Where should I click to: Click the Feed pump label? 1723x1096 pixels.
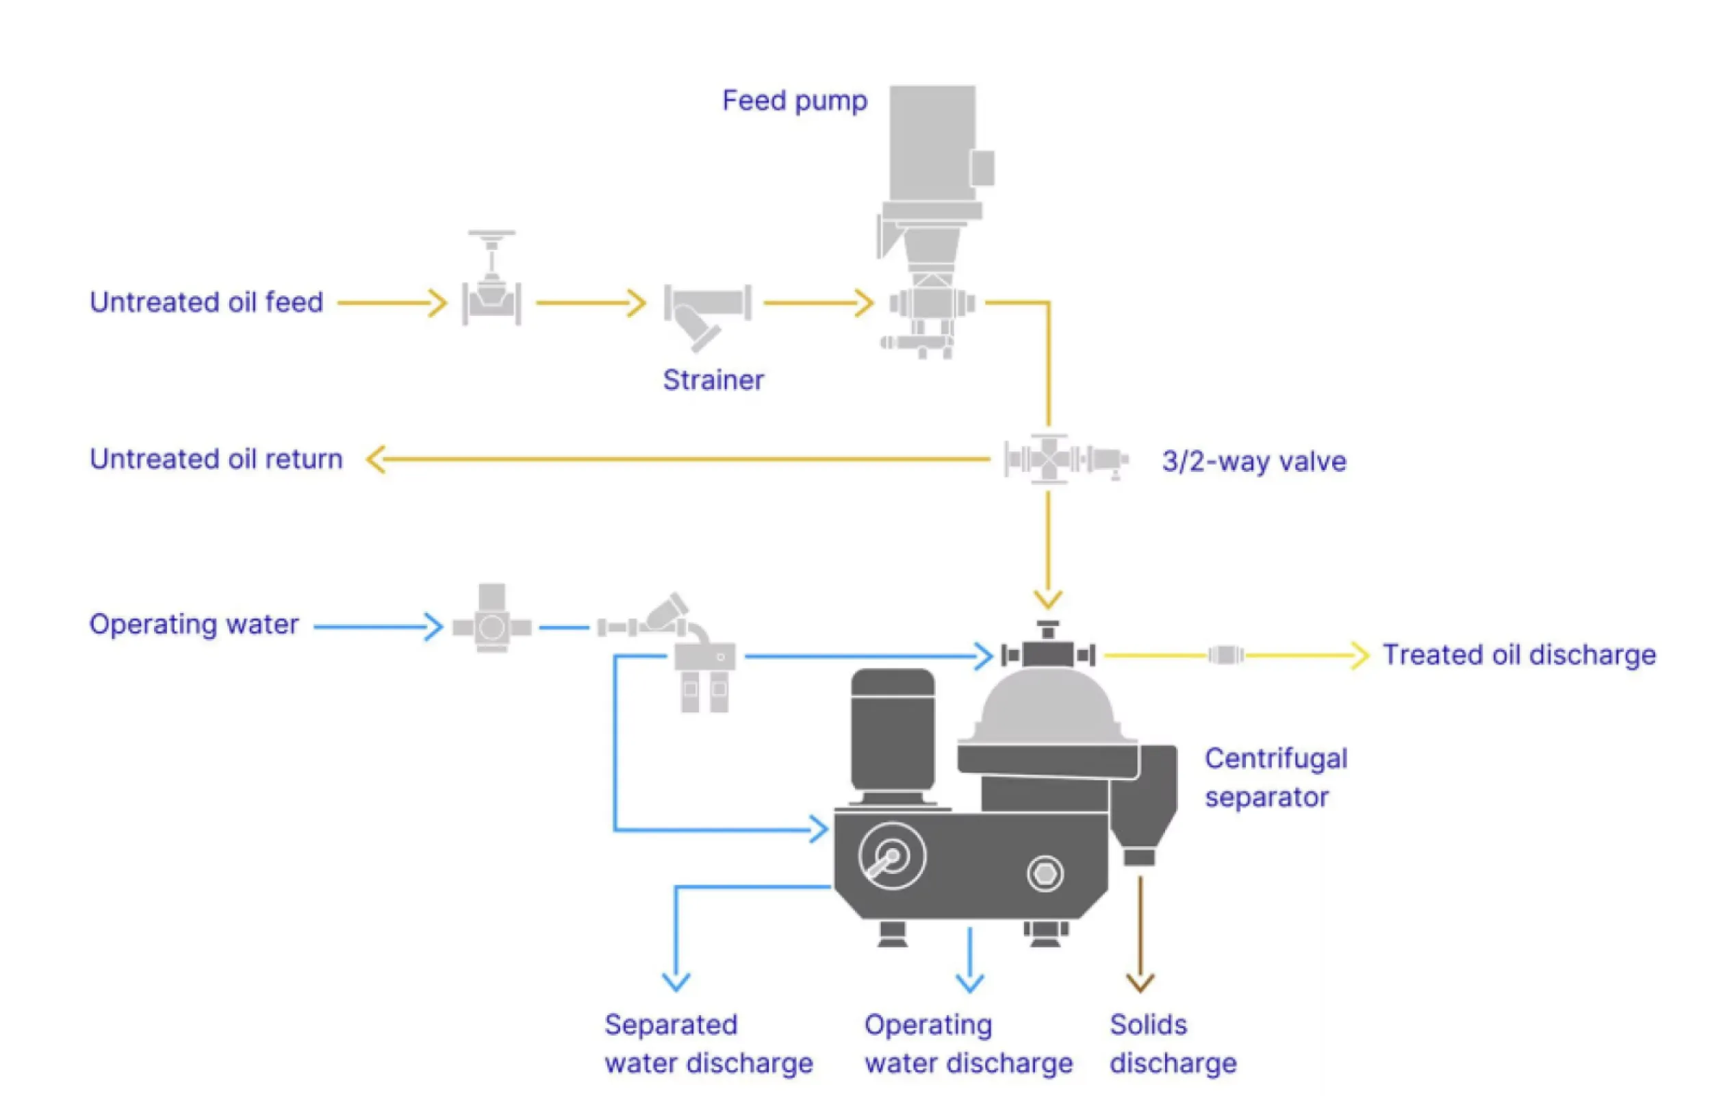point(794,101)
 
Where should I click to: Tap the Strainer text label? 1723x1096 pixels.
point(713,380)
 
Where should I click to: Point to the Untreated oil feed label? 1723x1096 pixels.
point(206,302)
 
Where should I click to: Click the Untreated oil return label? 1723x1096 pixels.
point(216,459)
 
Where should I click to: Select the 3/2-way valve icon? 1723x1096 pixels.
point(1064,459)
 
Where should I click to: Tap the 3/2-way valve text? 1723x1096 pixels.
point(1253,461)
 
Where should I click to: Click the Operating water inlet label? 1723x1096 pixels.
point(193,624)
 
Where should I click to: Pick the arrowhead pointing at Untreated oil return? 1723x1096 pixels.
point(375,459)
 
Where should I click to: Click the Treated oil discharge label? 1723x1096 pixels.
point(1518,655)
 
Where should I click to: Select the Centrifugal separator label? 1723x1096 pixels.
point(1275,777)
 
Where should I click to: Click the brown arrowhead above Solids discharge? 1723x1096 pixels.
point(1140,983)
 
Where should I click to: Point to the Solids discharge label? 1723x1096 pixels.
point(1172,1044)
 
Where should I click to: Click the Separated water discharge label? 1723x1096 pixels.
point(708,1044)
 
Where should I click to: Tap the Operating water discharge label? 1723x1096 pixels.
point(967,1044)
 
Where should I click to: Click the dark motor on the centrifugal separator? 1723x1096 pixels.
point(892,734)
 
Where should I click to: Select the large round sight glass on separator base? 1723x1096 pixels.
point(891,856)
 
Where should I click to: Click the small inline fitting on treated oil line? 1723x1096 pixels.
point(1226,655)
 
